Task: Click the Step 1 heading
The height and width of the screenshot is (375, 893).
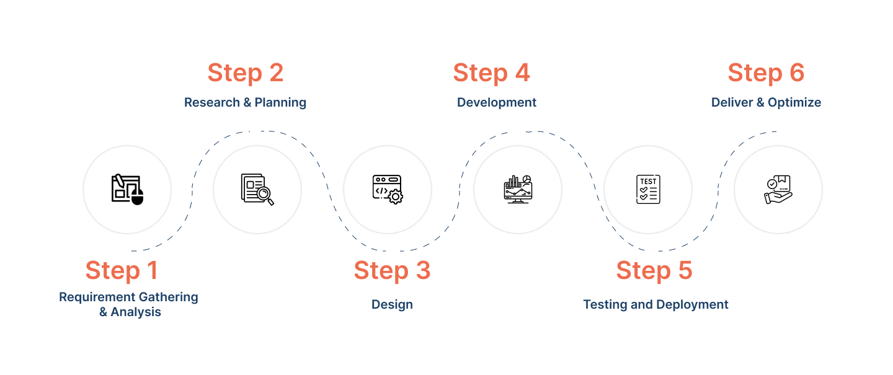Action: pyautogui.click(x=122, y=271)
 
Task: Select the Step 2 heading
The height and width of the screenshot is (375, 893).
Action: pyautogui.click(x=246, y=73)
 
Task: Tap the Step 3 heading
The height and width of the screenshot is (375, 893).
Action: pyautogui.click(x=392, y=271)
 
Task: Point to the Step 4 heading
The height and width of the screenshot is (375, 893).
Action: pyautogui.click(x=492, y=73)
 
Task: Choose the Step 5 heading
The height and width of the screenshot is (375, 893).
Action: pyautogui.click(x=654, y=271)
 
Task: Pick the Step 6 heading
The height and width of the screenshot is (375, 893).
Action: pyautogui.click(x=766, y=73)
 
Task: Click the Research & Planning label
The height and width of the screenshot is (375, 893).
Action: pyautogui.click(x=245, y=102)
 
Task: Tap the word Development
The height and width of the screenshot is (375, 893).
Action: pyautogui.click(x=497, y=102)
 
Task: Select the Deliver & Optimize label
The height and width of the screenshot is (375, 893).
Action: pyautogui.click(x=766, y=102)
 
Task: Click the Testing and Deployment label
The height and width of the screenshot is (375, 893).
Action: pyautogui.click(x=655, y=304)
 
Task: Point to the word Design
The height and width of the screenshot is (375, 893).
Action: pyautogui.click(x=392, y=304)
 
